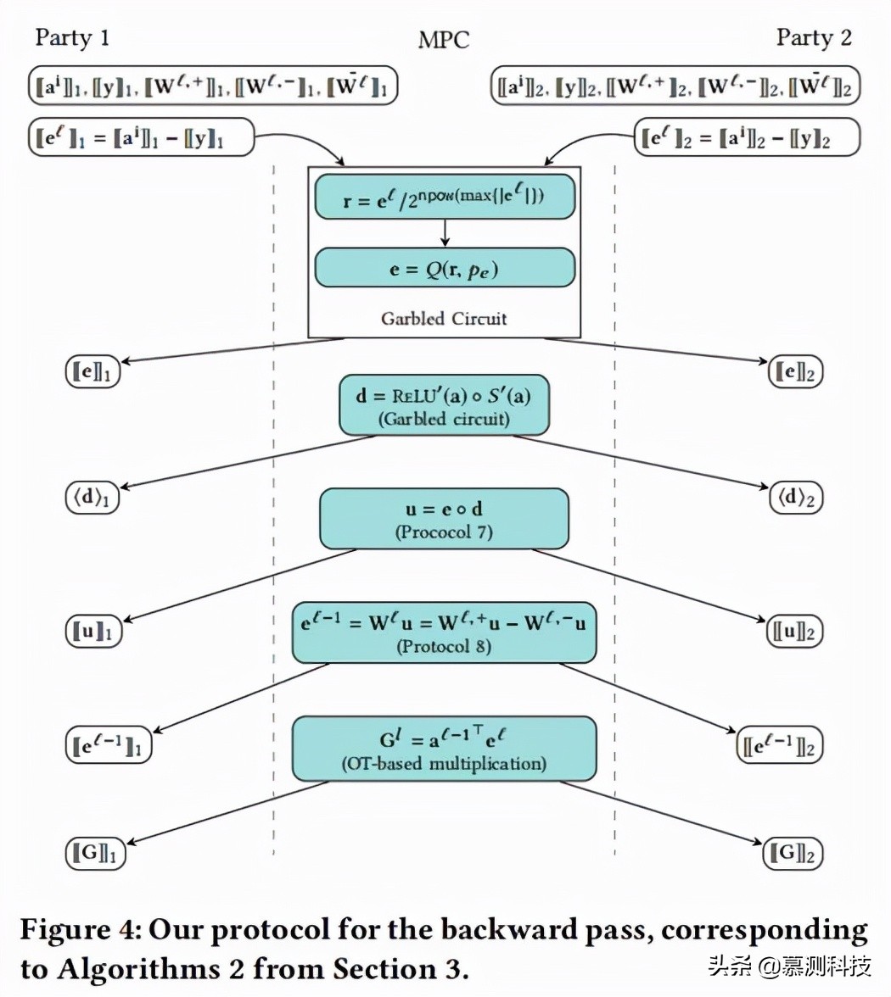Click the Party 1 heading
tap(72, 38)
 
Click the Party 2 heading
tap(813, 38)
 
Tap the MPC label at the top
tap(443, 41)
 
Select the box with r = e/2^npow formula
tap(445, 198)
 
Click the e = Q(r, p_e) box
tap(445, 268)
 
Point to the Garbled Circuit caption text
tap(444, 319)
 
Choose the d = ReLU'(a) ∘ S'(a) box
tap(444, 405)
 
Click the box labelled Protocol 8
tap(444, 632)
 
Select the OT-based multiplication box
tap(444, 749)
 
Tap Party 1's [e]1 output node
tap(92, 371)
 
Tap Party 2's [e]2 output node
tap(795, 371)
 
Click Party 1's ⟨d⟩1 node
tap(92, 497)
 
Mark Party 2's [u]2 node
tap(795, 631)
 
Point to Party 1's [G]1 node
tap(95, 853)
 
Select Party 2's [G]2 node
tap(793, 853)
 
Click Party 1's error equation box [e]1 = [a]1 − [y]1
tap(141, 137)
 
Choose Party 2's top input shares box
tap(675, 86)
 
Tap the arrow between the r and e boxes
tap(445, 232)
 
